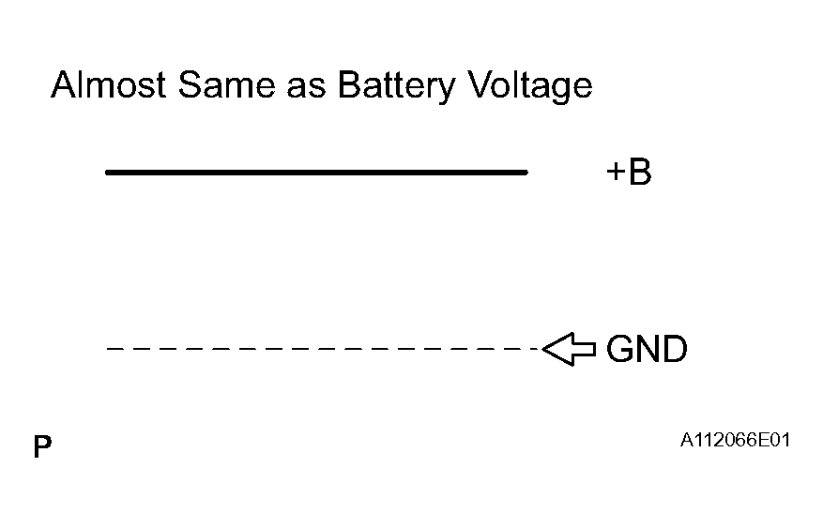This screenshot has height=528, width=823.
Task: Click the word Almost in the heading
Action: click(x=109, y=84)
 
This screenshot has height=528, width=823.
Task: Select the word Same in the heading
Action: click(x=226, y=84)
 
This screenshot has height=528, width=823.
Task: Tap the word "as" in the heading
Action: click(x=306, y=88)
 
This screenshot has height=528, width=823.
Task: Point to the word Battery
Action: click(x=396, y=86)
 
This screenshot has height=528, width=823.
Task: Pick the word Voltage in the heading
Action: click(x=529, y=86)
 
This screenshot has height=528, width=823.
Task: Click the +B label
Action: click(x=629, y=172)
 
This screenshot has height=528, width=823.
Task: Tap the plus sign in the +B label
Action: click(x=616, y=172)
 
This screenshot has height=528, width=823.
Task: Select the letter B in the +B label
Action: click(x=640, y=172)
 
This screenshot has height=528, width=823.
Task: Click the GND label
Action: click(x=647, y=349)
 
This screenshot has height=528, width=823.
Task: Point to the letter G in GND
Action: click(x=619, y=349)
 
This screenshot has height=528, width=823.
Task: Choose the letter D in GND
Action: click(x=675, y=349)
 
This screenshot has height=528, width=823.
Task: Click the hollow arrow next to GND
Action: click(x=569, y=349)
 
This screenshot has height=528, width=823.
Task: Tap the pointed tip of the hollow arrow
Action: click(x=542, y=349)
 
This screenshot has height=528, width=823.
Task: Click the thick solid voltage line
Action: click(x=316, y=172)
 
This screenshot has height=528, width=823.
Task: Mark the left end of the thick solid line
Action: click(x=106, y=172)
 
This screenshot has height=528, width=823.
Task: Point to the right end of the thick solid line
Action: click(x=527, y=172)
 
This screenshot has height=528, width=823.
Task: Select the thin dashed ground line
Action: click(x=324, y=349)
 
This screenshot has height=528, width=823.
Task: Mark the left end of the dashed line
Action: click(x=107, y=349)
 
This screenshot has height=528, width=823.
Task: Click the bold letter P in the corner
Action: click(x=42, y=446)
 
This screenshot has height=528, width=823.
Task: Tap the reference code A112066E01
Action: click(x=735, y=440)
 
